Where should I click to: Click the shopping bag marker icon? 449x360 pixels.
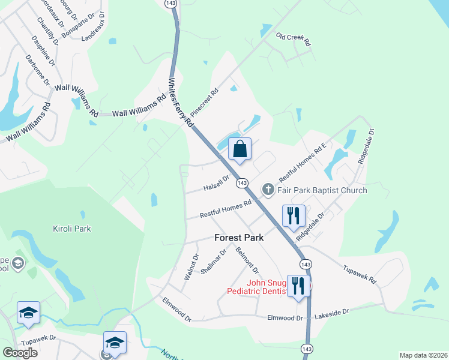click(x=240, y=149)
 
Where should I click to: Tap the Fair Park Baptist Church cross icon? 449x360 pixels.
click(x=268, y=190)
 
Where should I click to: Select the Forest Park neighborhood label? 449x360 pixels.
click(x=240, y=238)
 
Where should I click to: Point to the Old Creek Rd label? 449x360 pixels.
click(x=293, y=40)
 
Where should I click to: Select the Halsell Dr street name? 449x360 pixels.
click(x=216, y=181)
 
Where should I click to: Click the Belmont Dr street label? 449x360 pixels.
click(x=247, y=259)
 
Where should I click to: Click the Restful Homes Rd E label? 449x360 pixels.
click(x=302, y=163)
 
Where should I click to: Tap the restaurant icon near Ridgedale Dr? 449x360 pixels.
click(x=294, y=215)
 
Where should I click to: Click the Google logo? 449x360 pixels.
click(x=20, y=353)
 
